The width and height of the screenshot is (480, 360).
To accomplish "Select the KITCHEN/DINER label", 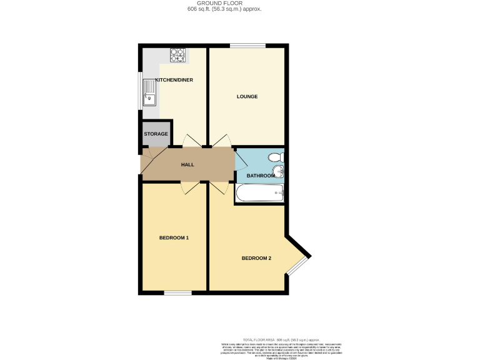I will (174, 80).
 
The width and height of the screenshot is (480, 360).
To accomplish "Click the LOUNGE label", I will (247, 96).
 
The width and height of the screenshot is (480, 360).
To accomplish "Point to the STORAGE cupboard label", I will (156, 134).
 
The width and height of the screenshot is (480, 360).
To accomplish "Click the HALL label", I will (187, 164).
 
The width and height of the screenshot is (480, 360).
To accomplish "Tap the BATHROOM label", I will (260, 176).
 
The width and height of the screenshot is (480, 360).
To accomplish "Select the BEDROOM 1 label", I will (174, 237).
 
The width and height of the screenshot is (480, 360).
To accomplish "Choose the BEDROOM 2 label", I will (256, 258).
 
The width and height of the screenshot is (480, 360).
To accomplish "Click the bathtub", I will (260, 194).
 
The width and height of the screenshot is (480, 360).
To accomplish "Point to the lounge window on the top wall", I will (247, 45).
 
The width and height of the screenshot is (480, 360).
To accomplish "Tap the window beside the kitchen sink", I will (140, 91).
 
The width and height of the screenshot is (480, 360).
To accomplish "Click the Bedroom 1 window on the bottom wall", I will (177, 292).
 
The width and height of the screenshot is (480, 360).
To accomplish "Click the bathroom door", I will (241, 162).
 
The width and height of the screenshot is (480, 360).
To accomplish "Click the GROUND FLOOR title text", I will (224, 4).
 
